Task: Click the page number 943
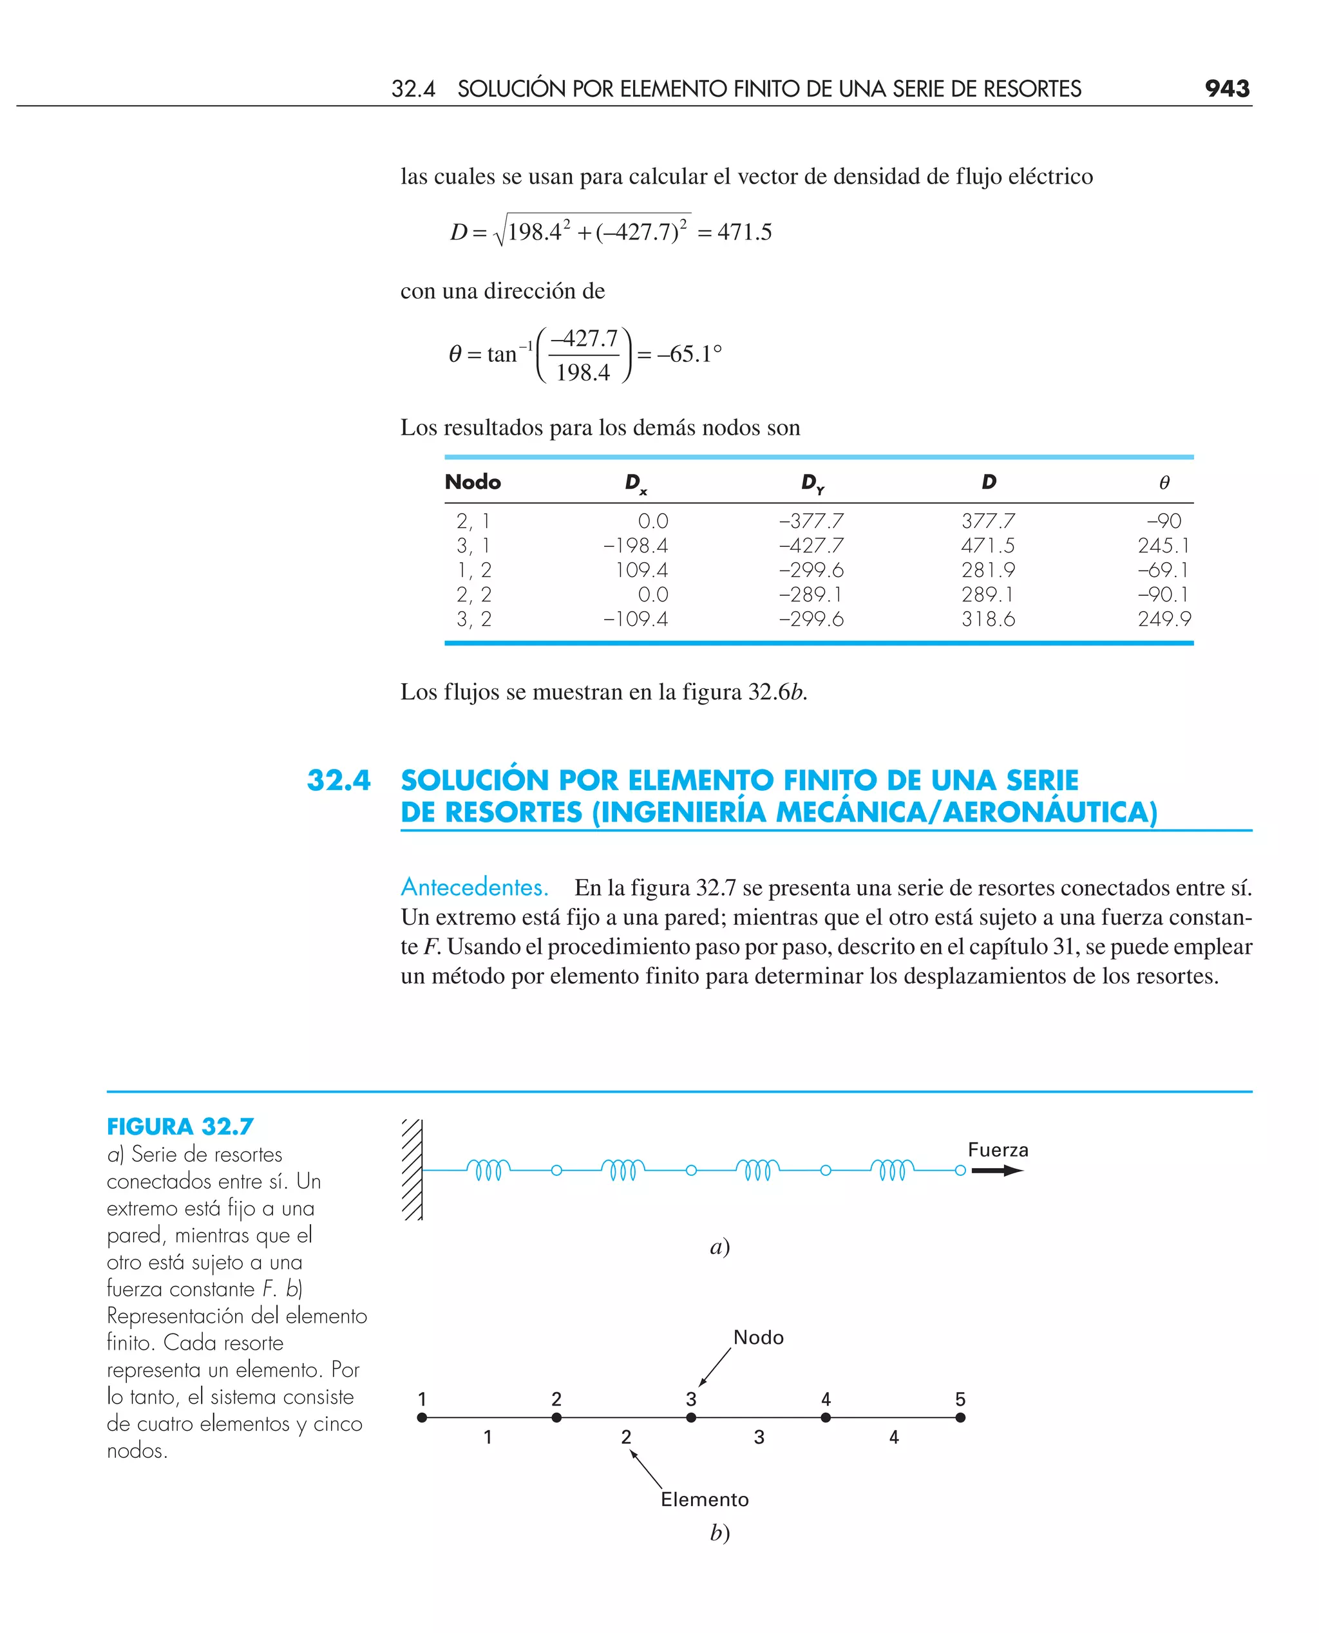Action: pyautogui.click(x=1226, y=89)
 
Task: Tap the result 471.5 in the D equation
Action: pyautogui.click(x=744, y=232)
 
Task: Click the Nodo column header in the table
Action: pyautogui.click(x=473, y=482)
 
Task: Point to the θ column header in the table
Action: pyautogui.click(x=1164, y=483)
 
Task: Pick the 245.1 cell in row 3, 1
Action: pyautogui.click(x=1163, y=545)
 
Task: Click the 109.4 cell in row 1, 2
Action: pyautogui.click(x=641, y=570)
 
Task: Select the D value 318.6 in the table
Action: pyautogui.click(x=988, y=619)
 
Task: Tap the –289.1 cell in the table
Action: pyautogui.click(x=811, y=595)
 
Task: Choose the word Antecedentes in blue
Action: pyautogui.click(x=474, y=887)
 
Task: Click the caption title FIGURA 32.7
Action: pyautogui.click(x=180, y=1126)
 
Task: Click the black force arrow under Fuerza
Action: pyautogui.click(x=997, y=1171)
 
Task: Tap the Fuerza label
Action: pyautogui.click(x=998, y=1150)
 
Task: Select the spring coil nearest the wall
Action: pyautogui.click(x=488, y=1169)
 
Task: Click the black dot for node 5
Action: pyautogui.click(x=960, y=1417)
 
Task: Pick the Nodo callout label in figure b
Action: pyautogui.click(x=758, y=1337)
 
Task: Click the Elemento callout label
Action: pyautogui.click(x=705, y=1499)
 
